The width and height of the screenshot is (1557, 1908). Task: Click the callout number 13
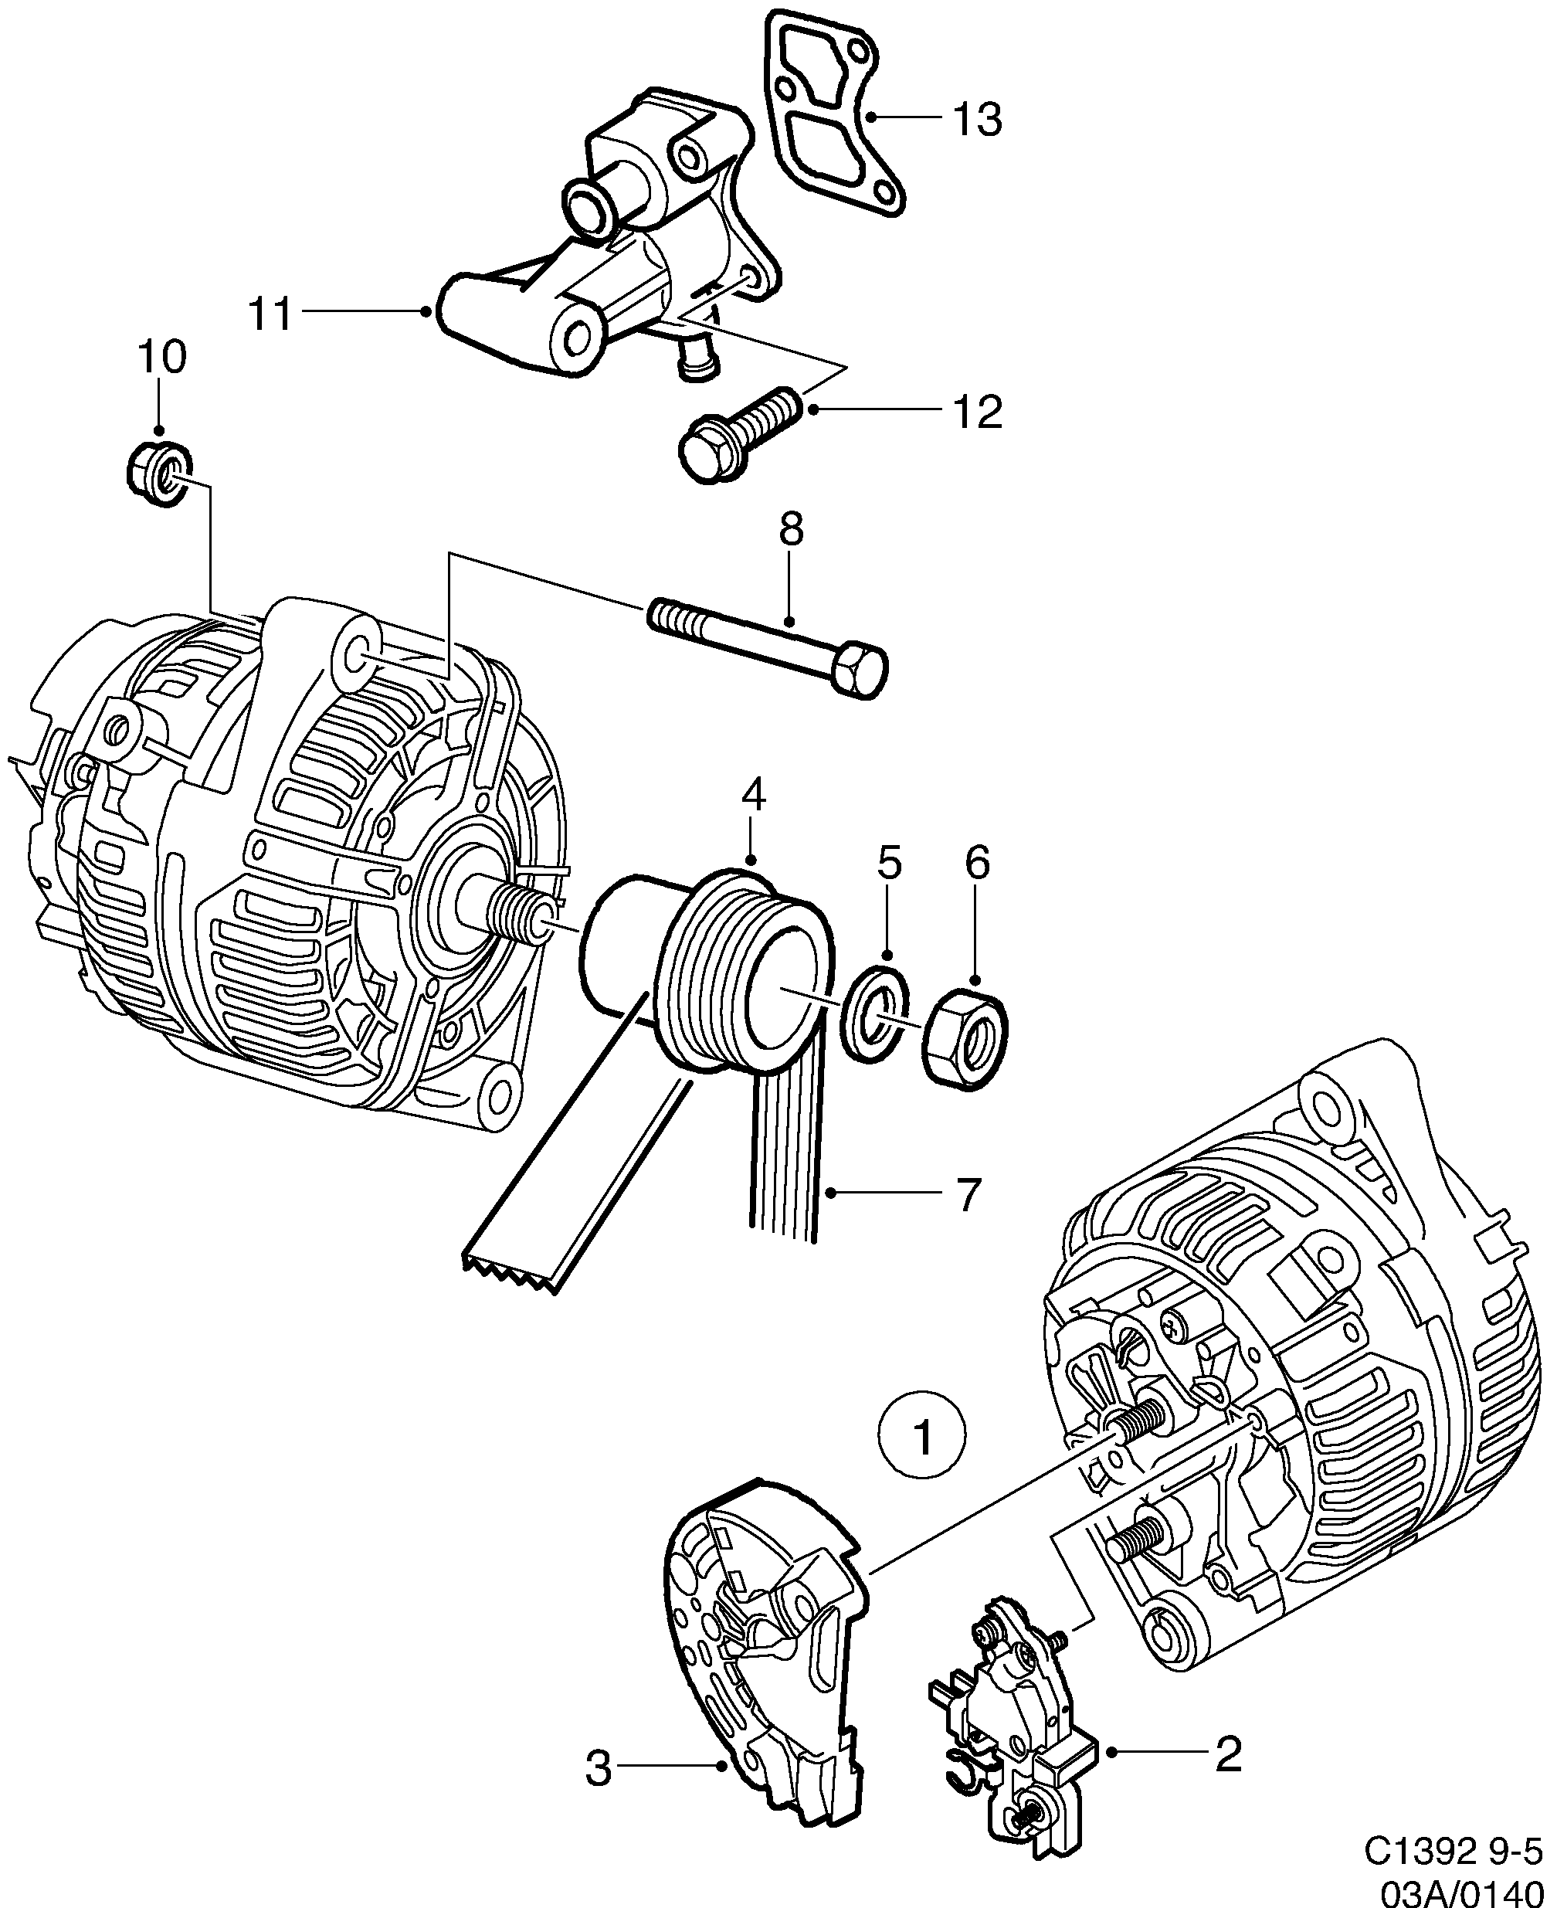coord(977,119)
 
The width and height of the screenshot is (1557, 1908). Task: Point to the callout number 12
coord(977,412)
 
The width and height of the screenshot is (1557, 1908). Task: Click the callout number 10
coord(161,357)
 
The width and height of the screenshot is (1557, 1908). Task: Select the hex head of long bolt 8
coord(857,670)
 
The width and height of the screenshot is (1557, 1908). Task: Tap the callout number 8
coord(790,530)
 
